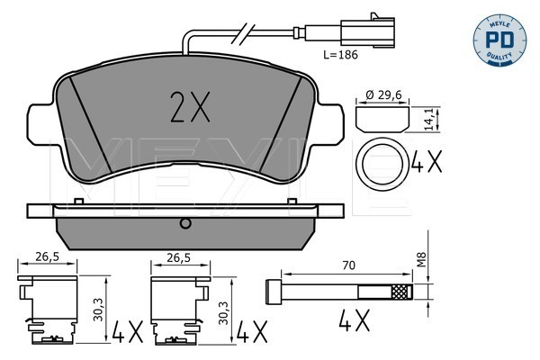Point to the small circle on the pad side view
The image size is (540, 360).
click(x=185, y=223)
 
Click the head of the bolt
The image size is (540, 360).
click(x=273, y=292)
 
